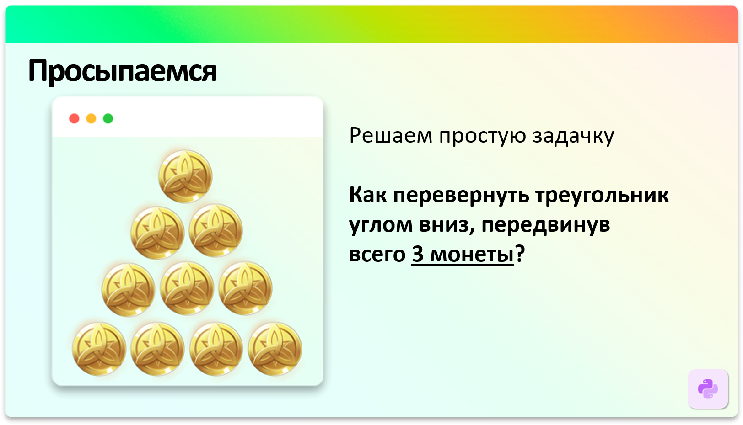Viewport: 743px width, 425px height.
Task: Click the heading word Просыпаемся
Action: pos(122,71)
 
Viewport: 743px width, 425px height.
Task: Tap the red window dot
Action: pos(74,119)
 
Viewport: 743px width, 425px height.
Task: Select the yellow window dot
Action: pos(91,119)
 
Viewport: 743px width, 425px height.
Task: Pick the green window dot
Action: pos(108,119)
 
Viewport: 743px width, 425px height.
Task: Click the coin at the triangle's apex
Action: pos(185,176)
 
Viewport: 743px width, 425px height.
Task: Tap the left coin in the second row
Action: pos(157,233)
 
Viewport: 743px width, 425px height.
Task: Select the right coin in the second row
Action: pos(215,231)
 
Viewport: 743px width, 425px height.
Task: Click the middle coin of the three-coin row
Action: pos(187,288)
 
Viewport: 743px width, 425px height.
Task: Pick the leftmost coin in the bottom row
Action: pos(99,349)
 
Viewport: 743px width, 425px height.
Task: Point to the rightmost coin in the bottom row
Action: pos(275,349)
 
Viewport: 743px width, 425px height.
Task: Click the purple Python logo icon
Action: pos(708,389)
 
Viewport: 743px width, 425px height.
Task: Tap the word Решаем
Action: pos(390,136)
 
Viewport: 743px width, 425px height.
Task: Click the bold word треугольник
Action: pos(602,196)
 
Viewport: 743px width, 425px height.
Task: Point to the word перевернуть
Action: pos(461,196)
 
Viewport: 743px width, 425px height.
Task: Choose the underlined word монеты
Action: pos(472,255)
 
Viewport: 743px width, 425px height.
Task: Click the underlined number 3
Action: pos(418,254)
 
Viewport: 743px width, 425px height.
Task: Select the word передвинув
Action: pos(545,225)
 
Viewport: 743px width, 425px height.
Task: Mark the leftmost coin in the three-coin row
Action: pos(128,289)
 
